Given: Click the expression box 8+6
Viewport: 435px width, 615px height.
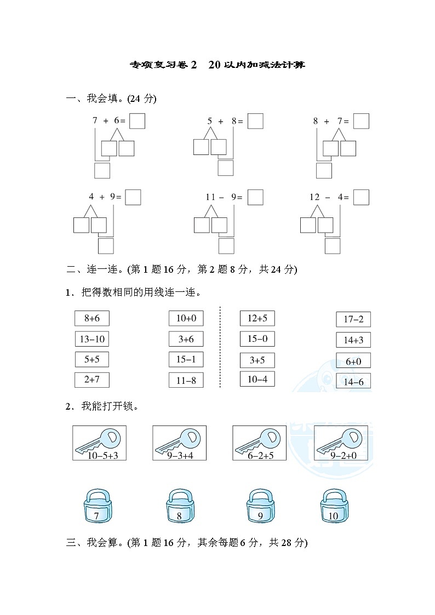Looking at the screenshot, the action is click(91, 318).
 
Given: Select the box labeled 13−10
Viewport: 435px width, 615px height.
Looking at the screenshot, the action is click(91, 339).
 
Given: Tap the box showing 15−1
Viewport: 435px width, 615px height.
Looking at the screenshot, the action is click(186, 359).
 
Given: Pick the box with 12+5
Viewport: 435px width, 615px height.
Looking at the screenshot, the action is click(257, 318).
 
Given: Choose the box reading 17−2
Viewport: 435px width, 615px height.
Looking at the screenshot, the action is click(353, 319).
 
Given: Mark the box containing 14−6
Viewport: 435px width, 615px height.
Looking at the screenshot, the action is click(353, 382).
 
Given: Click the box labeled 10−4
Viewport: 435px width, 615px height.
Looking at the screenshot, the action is click(257, 379).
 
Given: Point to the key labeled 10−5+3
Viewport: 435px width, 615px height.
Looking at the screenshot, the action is click(99, 442).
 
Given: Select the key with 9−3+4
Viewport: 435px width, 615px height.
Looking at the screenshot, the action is click(179, 442).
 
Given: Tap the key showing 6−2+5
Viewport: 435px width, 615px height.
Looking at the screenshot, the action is click(259, 442).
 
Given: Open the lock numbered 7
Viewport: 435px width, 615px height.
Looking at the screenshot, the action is click(97, 508).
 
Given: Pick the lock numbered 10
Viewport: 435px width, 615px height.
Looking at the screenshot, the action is click(333, 508).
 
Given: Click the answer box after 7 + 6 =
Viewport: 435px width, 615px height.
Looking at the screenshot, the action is click(138, 121).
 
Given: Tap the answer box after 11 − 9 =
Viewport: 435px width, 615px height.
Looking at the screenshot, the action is click(255, 197).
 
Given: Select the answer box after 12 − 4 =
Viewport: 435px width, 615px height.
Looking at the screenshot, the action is click(361, 197).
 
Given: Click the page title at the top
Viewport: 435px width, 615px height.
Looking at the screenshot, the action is click(218, 65).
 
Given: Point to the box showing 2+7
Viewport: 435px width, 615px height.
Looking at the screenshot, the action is click(91, 380).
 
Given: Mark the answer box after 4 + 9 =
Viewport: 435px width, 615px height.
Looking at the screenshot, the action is click(133, 197).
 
